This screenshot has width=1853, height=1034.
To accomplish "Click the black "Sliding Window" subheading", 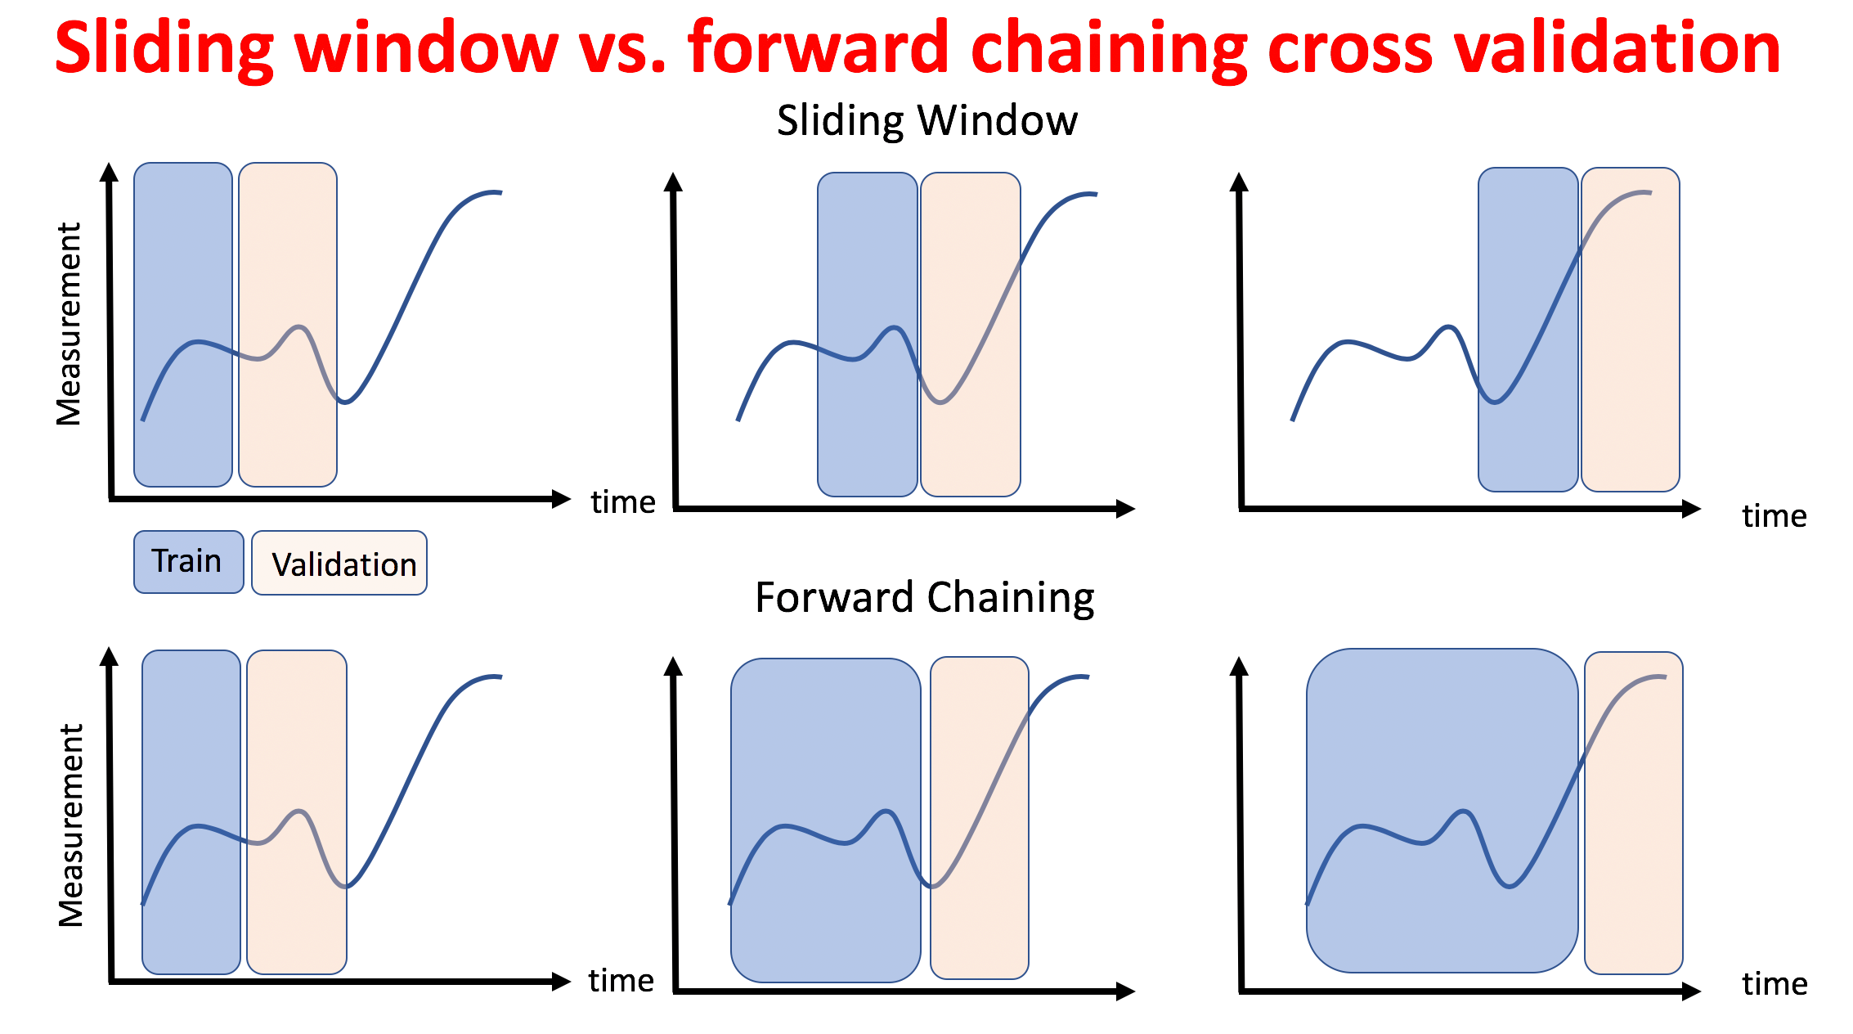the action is (927, 121).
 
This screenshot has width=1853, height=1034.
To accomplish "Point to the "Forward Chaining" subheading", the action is (925, 597).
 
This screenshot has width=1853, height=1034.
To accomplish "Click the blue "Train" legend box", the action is (189, 562).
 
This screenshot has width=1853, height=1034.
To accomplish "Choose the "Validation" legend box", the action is (339, 563).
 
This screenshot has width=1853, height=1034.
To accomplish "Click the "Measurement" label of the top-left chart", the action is (69, 324).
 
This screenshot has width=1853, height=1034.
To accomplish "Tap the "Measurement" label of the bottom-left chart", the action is (71, 825).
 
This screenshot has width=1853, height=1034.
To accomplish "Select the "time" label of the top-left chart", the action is (623, 501).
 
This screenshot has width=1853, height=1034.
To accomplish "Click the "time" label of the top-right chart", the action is (1774, 516).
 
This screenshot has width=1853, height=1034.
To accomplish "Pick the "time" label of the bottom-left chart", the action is (621, 980).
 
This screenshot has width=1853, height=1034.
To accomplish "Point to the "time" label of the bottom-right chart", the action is (1774, 983).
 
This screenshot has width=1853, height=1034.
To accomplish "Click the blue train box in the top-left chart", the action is (183, 325).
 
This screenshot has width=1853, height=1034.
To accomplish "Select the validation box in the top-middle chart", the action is (971, 335).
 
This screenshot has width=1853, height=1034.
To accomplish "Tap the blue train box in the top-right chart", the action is (1528, 330).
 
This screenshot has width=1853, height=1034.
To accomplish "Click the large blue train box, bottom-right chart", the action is (1442, 811).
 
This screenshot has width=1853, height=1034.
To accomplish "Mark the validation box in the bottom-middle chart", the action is (980, 818).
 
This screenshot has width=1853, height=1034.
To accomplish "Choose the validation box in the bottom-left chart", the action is (297, 812).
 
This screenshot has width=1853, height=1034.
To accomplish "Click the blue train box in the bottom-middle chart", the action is (826, 820).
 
